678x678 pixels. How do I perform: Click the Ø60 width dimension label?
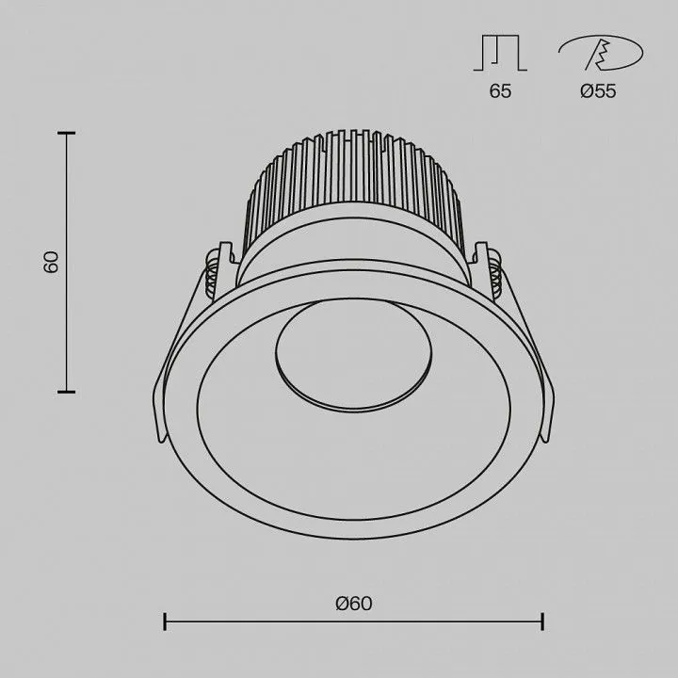[354, 604]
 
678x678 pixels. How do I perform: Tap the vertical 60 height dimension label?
[51, 262]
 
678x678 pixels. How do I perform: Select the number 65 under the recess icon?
[500, 90]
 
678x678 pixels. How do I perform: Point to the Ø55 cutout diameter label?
[598, 90]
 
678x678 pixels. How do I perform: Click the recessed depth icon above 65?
[500, 53]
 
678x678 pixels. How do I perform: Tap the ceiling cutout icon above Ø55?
[601, 53]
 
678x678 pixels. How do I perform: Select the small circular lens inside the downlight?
[353, 355]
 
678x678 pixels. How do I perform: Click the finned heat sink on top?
[353, 182]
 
